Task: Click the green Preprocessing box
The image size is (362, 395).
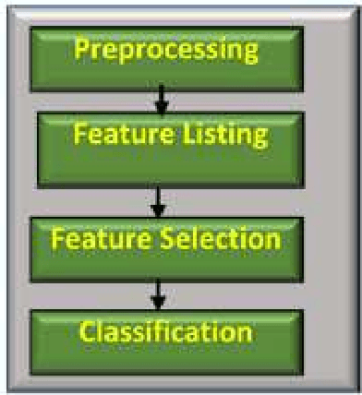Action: pos(166,57)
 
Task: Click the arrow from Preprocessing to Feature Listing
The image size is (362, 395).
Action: pos(161,101)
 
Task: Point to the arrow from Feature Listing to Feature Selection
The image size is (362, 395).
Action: pos(161,198)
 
